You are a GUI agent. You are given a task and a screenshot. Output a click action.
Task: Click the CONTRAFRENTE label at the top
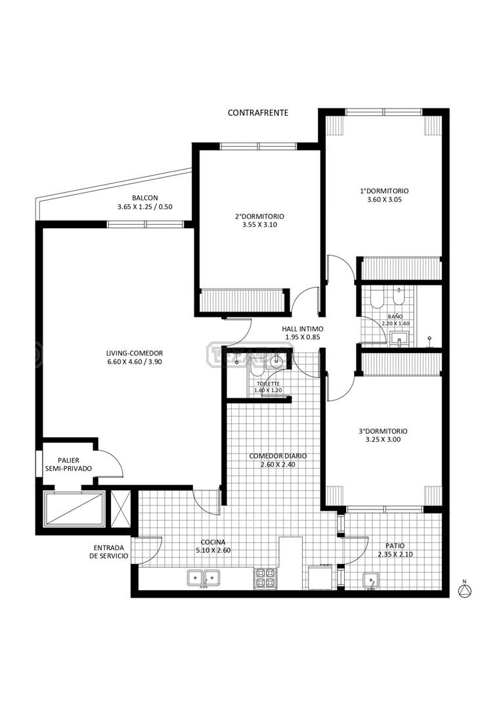click(x=258, y=113)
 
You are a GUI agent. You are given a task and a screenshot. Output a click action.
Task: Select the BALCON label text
click(x=145, y=198)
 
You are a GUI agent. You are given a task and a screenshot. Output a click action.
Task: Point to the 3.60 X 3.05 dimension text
click(x=384, y=199)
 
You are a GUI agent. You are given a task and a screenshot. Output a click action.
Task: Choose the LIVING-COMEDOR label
click(x=135, y=353)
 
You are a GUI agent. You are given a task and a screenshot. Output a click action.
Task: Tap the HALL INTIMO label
click(x=303, y=329)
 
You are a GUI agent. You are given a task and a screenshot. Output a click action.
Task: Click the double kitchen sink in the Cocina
click(x=204, y=578)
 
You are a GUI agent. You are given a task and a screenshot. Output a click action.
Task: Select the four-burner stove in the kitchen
click(x=265, y=579)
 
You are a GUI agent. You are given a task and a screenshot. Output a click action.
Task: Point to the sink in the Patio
click(x=371, y=580)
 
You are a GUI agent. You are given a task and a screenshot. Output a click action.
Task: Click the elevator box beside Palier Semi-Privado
click(x=74, y=509)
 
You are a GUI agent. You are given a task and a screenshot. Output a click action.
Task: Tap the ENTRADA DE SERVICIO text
click(x=109, y=552)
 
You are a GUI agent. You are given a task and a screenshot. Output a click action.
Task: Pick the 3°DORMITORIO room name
click(x=383, y=431)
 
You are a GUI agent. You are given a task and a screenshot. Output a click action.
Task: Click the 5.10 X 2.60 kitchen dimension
click(x=213, y=551)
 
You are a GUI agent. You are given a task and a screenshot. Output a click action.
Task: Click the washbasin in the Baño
click(x=399, y=339)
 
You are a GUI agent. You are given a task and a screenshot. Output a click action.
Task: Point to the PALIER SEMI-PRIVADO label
click(x=69, y=465)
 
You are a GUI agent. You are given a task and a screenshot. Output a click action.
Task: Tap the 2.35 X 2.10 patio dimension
click(x=395, y=554)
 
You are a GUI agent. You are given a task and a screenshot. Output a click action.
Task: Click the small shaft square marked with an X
click(x=120, y=508)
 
